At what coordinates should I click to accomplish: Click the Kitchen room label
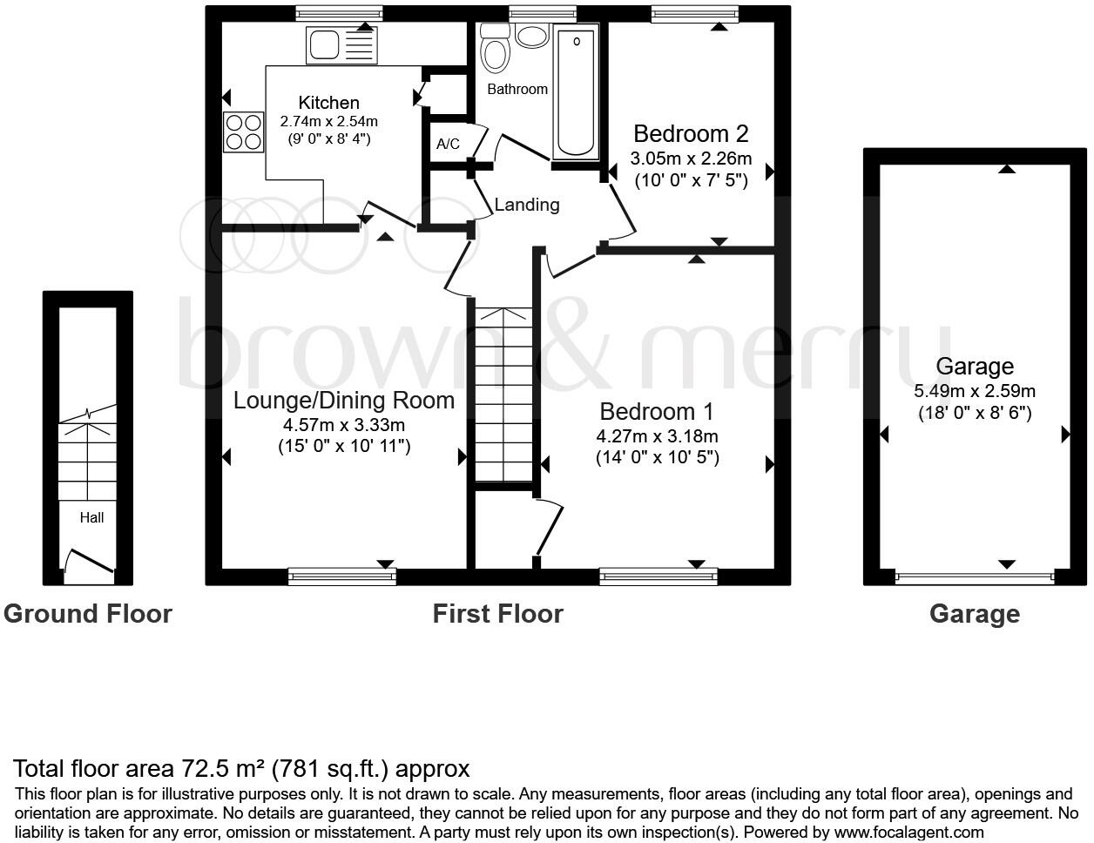pyautogui.click(x=328, y=103)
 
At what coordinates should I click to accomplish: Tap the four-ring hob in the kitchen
pyautogui.click(x=244, y=132)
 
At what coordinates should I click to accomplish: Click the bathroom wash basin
pyautogui.click(x=530, y=36)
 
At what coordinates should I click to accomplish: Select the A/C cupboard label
pyautogui.click(x=448, y=144)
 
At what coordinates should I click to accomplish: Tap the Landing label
pyautogui.click(x=527, y=205)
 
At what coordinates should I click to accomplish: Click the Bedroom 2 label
pyautogui.click(x=691, y=134)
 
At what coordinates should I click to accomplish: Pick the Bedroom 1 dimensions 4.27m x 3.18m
pyautogui.click(x=657, y=436)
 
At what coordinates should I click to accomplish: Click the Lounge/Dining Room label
pyautogui.click(x=344, y=401)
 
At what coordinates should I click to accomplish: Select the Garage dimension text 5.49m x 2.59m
pyautogui.click(x=975, y=392)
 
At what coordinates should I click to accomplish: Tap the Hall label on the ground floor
pyautogui.click(x=91, y=517)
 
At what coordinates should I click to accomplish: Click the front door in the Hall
pyautogui.click(x=89, y=563)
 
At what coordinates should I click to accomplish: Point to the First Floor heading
pyautogui.click(x=497, y=614)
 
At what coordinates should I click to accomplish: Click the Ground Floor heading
pyautogui.click(x=88, y=614)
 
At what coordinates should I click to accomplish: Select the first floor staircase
pyautogui.click(x=503, y=395)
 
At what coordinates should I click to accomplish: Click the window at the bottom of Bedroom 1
pyautogui.click(x=658, y=576)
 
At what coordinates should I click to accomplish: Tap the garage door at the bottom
pyautogui.click(x=975, y=577)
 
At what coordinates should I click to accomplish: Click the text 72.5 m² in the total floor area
pyautogui.click(x=222, y=769)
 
